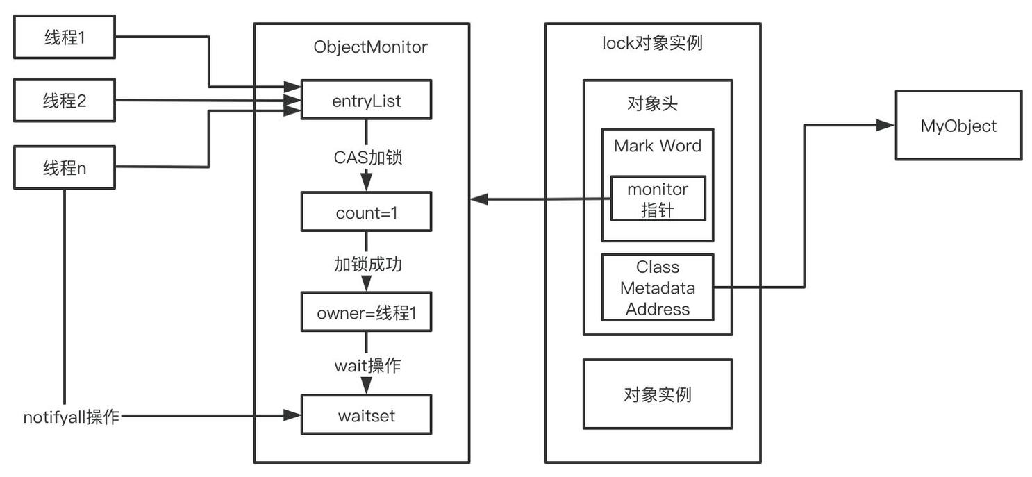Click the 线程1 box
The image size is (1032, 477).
[x=64, y=37]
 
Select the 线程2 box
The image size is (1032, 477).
[x=64, y=101]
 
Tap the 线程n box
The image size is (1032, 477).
[x=64, y=167]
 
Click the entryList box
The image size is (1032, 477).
[x=366, y=101]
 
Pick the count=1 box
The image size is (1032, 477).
[x=366, y=212]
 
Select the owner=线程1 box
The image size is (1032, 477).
[x=366, y=312]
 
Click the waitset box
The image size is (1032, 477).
[x=366, y=415]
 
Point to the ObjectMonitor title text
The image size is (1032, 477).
[x=370, y=47]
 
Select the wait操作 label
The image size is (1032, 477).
[x=367, y=365]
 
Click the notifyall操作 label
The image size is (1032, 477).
[x=72, y=417]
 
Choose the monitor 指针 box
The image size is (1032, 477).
[x=658, y=199]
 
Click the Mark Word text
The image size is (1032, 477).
[x=657, y=146]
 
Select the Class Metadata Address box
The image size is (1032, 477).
[x=657, y=287]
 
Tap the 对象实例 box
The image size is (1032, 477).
[x=657, y=394]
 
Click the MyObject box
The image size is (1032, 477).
[x=958, y=126]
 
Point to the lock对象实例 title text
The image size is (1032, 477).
[x=651, y=43]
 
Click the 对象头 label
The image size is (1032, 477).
[x=651, y=104]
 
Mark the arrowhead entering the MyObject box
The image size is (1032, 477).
[x=886, y=126]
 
